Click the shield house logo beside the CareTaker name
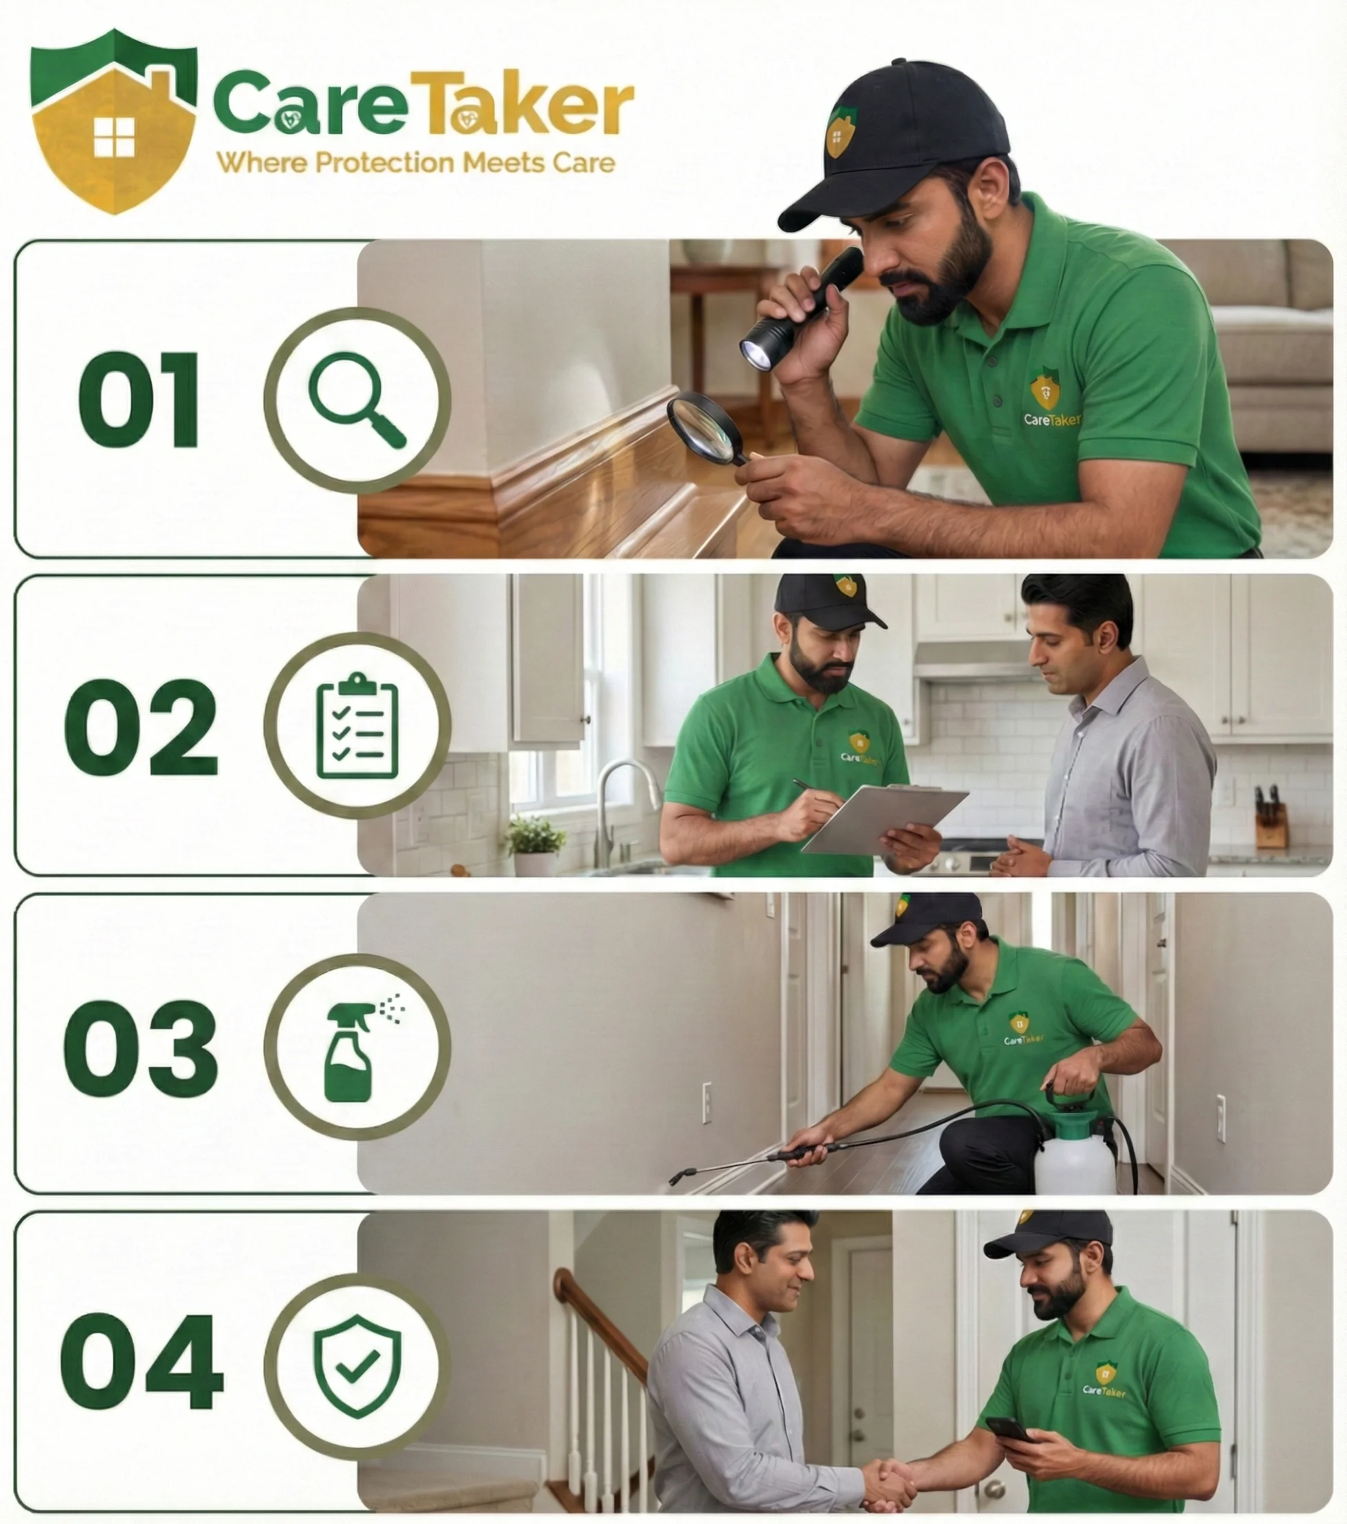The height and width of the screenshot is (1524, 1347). tap(114, 121)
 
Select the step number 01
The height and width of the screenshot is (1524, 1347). tap(139, 400)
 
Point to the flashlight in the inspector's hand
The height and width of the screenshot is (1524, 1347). tap(801, 309)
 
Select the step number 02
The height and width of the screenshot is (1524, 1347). tap(141, 727)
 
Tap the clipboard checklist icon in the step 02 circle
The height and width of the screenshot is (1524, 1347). tap(358, 725)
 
